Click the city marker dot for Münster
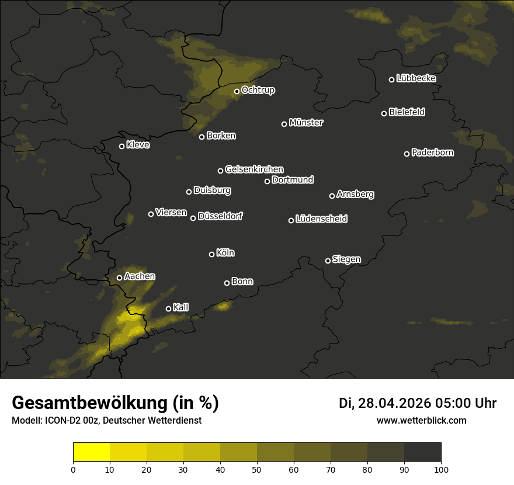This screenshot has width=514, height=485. [284, 124]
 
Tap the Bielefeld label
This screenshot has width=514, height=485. [407, 112]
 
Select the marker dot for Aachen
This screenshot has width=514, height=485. [119, 278]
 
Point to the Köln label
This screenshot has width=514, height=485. [225, 253]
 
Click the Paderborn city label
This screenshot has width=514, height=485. [433, 153]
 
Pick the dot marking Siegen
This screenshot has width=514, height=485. [328, 261]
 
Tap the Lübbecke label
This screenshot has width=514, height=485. [416, 78]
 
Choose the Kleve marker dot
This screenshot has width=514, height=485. [121, 146]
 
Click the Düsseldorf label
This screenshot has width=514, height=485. [220, 216]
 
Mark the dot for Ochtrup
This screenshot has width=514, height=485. [237, 91]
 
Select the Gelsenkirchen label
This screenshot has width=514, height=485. [254, 169]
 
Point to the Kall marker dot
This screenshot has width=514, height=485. [168, 309]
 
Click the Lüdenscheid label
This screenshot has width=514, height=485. [321, 219]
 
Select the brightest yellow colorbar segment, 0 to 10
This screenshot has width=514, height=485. [92, 452]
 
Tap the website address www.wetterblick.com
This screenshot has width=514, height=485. [422, 420]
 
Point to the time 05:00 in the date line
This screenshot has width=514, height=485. [456, 403]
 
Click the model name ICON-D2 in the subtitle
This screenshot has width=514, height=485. [59, 421]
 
